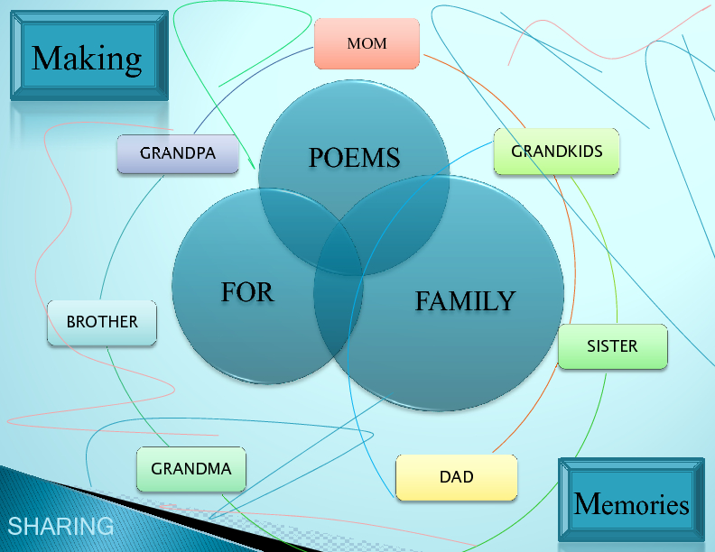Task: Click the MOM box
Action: [x=367, y=43]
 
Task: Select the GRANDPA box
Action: [x=178, y=153]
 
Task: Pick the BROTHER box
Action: [x=102, y=322]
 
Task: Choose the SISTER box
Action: [x=612, y=346]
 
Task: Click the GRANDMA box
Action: [x=191, y=469]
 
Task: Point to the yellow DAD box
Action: [x=456, y=477]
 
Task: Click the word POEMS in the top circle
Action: [x=354, y=158]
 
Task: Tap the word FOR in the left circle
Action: [x=247, y=292]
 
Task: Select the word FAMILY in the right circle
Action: [x=465, y=301]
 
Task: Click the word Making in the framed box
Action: [x=87, y=59]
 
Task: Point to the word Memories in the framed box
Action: [x=631, y=504]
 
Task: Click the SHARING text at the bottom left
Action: [x=60, y=526]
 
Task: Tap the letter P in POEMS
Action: [x=316, y=158]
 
